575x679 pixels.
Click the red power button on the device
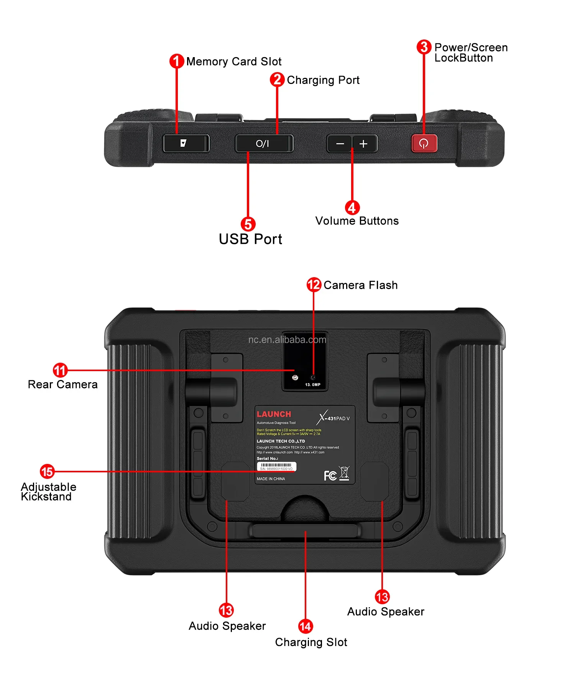point(424,143)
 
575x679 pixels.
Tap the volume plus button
point(364,144)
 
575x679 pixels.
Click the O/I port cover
point(264,144)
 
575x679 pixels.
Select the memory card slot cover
point(186,143)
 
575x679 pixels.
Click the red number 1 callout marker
point(176,61)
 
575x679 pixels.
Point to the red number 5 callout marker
point(248,224)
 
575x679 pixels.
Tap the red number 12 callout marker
point(314,284)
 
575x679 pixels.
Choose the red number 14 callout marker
point(306,626)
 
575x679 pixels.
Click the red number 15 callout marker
point(47,471)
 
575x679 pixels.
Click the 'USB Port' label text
point(250,239)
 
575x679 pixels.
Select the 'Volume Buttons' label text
point(357,221)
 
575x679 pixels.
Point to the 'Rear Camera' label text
point(62,385)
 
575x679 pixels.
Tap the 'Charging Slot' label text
point(311,642)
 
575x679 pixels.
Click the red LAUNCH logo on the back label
point(274,414)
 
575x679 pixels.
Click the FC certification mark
point(330,476)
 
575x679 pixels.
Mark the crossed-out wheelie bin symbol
point(344,473)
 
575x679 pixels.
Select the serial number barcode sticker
point(276,466)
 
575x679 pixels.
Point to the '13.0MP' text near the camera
point(312,385)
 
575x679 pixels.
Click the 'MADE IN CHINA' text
point(271,479)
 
